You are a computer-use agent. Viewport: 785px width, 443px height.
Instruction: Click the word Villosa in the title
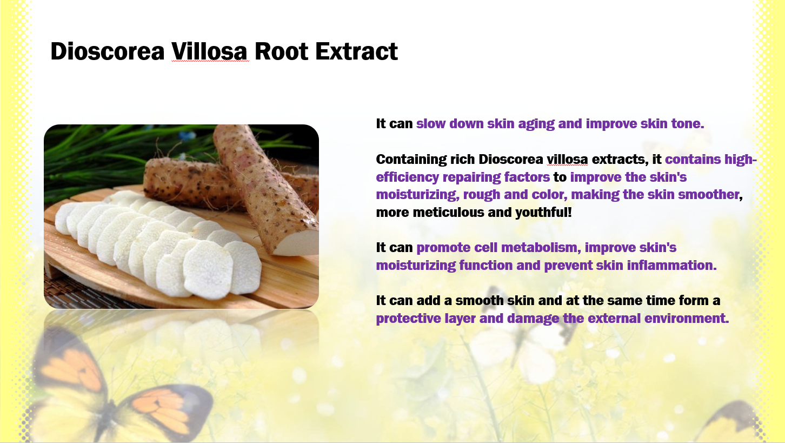coord(210,51)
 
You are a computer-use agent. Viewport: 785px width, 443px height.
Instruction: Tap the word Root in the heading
coord(282,51)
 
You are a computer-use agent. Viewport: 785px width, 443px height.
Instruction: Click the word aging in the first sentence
coord(536,124)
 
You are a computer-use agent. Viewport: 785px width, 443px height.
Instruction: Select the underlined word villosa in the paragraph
coord(567,160)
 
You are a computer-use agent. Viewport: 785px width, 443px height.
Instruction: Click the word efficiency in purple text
coord(407,177)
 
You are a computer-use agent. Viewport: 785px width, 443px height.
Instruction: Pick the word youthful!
coord(543,213)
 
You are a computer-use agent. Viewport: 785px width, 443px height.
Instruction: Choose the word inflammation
coord(671,266)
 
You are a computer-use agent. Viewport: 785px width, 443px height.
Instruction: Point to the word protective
coord(408,319)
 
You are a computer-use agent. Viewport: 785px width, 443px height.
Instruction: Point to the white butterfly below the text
coord(522,337)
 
